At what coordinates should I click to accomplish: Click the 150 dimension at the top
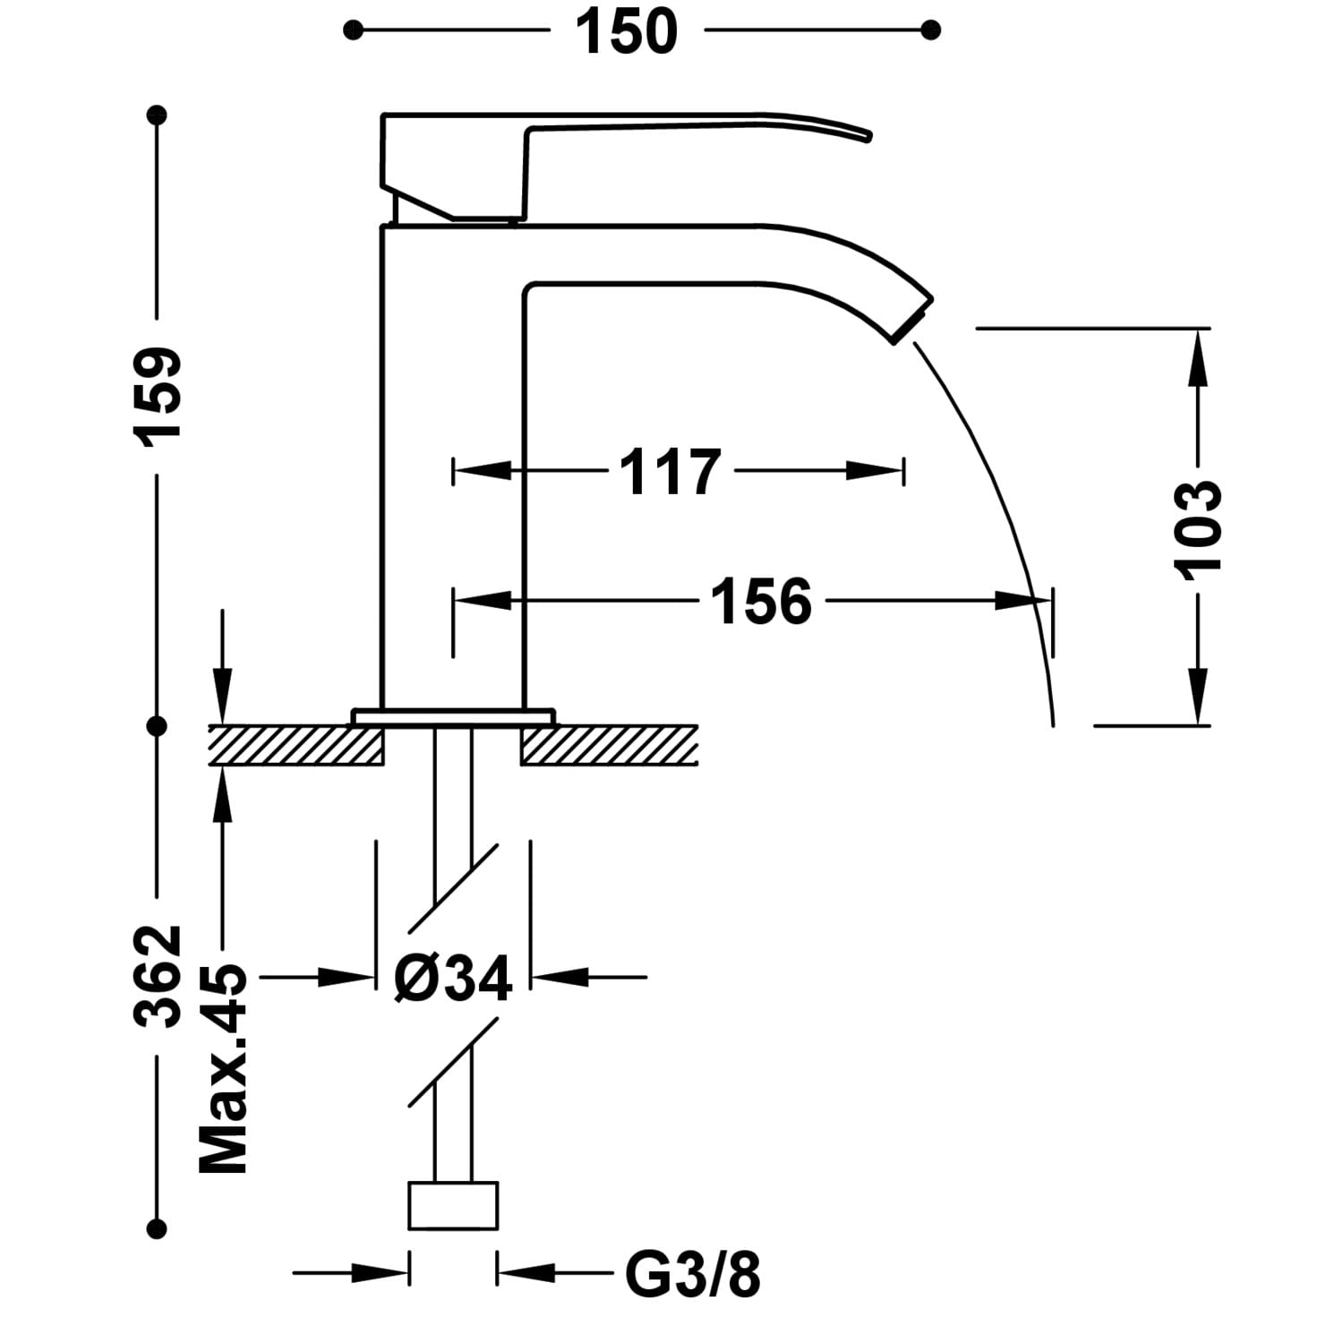(x=626, y=31)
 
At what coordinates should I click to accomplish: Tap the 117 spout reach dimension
(x=670, y=471)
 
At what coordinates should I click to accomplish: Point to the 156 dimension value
(x=761, y=601)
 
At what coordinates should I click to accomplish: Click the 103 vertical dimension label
(x=1197, y=529)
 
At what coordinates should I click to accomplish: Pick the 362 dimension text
(x=158, y=976)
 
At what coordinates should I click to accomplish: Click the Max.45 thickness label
(x=223, y=1069)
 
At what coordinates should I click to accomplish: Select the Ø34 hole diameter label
(x=453, y=977)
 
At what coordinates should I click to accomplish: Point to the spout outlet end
(x=912, y=321)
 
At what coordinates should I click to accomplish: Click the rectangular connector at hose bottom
(x=453, y=1205)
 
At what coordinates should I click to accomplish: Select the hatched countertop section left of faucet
(x=296, y=745)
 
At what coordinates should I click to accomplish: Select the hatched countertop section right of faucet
(x=609, y=745)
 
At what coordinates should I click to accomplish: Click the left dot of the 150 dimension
(x=353, y=30)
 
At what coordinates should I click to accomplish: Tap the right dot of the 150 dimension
(x=931, y=30)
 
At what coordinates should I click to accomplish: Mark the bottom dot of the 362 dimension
(x=158, y=1228)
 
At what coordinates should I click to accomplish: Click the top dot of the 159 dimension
(x=158, y=115)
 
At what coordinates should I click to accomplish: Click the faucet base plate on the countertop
(x=453, y=717)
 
